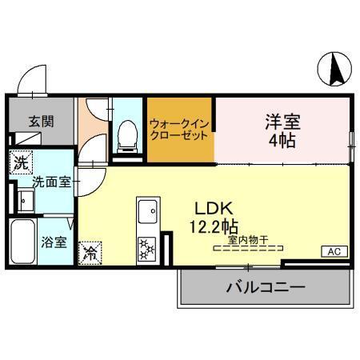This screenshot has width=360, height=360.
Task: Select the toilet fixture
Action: pyautogui.click(x=126, y=136)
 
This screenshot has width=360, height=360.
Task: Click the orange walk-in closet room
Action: pyautogui.click(x=179, y=129)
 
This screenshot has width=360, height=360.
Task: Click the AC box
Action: pyautogui.click(x=334, y=251)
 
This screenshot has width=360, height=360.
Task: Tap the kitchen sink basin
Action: pyautogui.click(x=148, y=214)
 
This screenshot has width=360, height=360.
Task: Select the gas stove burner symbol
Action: pyautogui.click(x=147, y=249)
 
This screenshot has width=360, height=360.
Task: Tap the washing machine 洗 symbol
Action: pyautogui.click(x=22, y=162)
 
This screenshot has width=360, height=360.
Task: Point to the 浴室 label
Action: pyautogui.click(x=54, y=241)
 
